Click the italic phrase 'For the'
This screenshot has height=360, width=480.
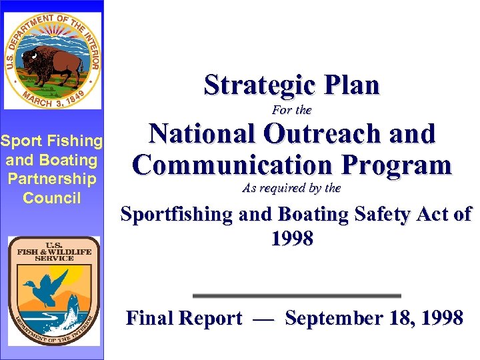292,110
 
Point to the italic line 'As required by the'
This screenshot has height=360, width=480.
292,189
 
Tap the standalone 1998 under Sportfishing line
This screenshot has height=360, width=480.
292,239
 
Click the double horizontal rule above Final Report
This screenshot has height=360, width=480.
297,295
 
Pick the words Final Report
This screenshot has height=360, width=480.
184,319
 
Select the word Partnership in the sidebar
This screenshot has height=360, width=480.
52,179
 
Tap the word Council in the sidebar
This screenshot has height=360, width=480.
52,198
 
